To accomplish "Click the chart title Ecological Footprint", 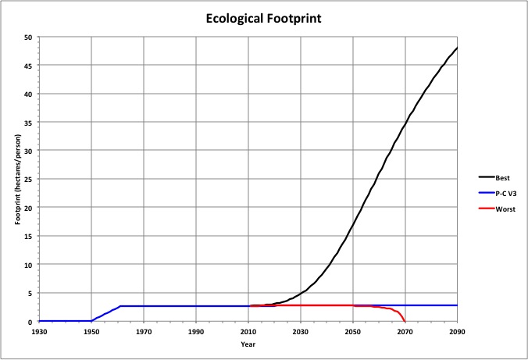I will (263, 17).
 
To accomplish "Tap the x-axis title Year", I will (248, 344).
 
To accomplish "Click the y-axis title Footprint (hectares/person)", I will (18, 179).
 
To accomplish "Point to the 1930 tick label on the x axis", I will (39, 331).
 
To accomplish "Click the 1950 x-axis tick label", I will (91, 331).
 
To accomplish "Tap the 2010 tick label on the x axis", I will (248, 331).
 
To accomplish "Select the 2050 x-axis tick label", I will (353, 331).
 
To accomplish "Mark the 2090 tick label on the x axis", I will (457, 331).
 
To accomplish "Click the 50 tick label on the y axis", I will (27, 37).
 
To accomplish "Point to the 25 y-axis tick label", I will (27, 180).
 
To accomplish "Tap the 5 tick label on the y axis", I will (30, 294).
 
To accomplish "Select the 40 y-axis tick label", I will (27, 94).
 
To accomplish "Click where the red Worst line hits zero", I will (405, 321).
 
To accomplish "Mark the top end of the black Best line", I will (457, 48).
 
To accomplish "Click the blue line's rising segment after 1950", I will (107, 312).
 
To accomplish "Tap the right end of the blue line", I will (457, 305).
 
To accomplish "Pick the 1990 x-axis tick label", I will (196, 331).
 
